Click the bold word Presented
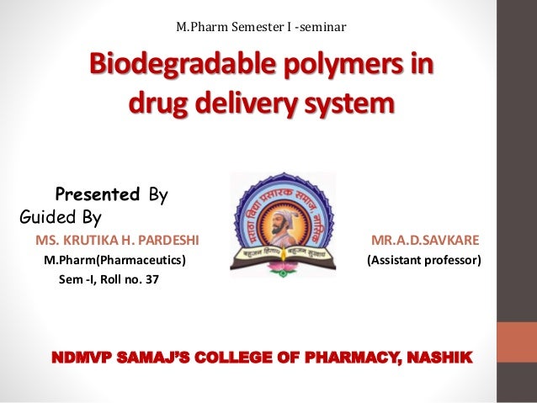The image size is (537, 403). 97,195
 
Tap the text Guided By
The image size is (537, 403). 60,217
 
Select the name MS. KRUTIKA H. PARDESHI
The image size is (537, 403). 117,241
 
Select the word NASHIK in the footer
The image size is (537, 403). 440,361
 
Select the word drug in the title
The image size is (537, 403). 155,105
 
